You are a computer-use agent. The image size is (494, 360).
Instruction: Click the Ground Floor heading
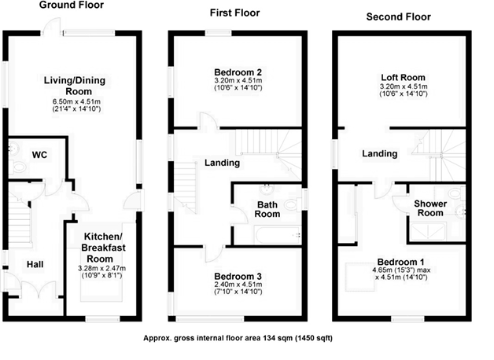point(72,5)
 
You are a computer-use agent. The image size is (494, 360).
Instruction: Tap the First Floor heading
point(234,13)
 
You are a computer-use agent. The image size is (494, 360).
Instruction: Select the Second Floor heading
point(398,17)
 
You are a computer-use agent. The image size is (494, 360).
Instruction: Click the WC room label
point(39,155)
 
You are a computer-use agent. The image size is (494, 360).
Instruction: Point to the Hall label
point(35,264)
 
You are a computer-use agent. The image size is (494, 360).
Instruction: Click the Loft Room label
point(403,77)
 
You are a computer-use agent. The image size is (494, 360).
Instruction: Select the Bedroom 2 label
point(238,72)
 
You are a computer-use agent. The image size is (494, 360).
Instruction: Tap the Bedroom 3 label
point(238,277)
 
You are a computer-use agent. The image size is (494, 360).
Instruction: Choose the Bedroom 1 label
point(400,262)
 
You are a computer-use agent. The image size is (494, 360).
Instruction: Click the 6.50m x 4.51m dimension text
point(76,101)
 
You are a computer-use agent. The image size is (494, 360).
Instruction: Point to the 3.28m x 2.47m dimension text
point(101,268)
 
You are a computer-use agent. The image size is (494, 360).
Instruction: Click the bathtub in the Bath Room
point(277,235)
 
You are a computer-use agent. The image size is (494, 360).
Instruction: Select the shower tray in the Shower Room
point(428,232)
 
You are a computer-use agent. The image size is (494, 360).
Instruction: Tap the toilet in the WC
point(17,167)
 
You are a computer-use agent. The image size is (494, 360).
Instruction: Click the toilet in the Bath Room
point(293,205)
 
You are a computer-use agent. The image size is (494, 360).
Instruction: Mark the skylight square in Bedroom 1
point(360,277)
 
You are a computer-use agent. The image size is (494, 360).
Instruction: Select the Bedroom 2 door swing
point(208,121)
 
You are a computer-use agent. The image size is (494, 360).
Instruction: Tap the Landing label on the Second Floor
point(379,153)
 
